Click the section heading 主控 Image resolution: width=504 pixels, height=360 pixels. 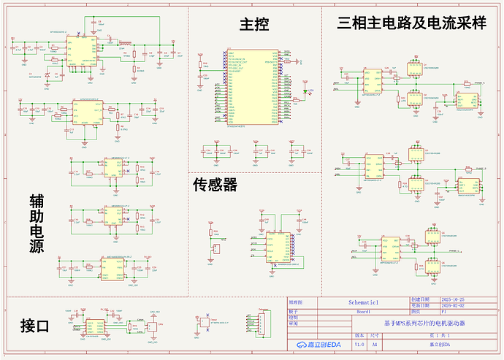coord(254,25)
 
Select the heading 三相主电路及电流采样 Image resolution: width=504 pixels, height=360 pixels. coord(412,23)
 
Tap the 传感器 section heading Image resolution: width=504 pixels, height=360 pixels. coord(215,185)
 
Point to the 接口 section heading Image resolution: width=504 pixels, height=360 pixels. coord(34,326)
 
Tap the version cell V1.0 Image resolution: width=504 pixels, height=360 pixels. coord(359,344)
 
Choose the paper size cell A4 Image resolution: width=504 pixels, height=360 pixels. coord(375,344)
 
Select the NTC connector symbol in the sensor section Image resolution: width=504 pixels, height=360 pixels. coord(215,248)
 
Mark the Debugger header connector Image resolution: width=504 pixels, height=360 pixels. coord(253,320)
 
